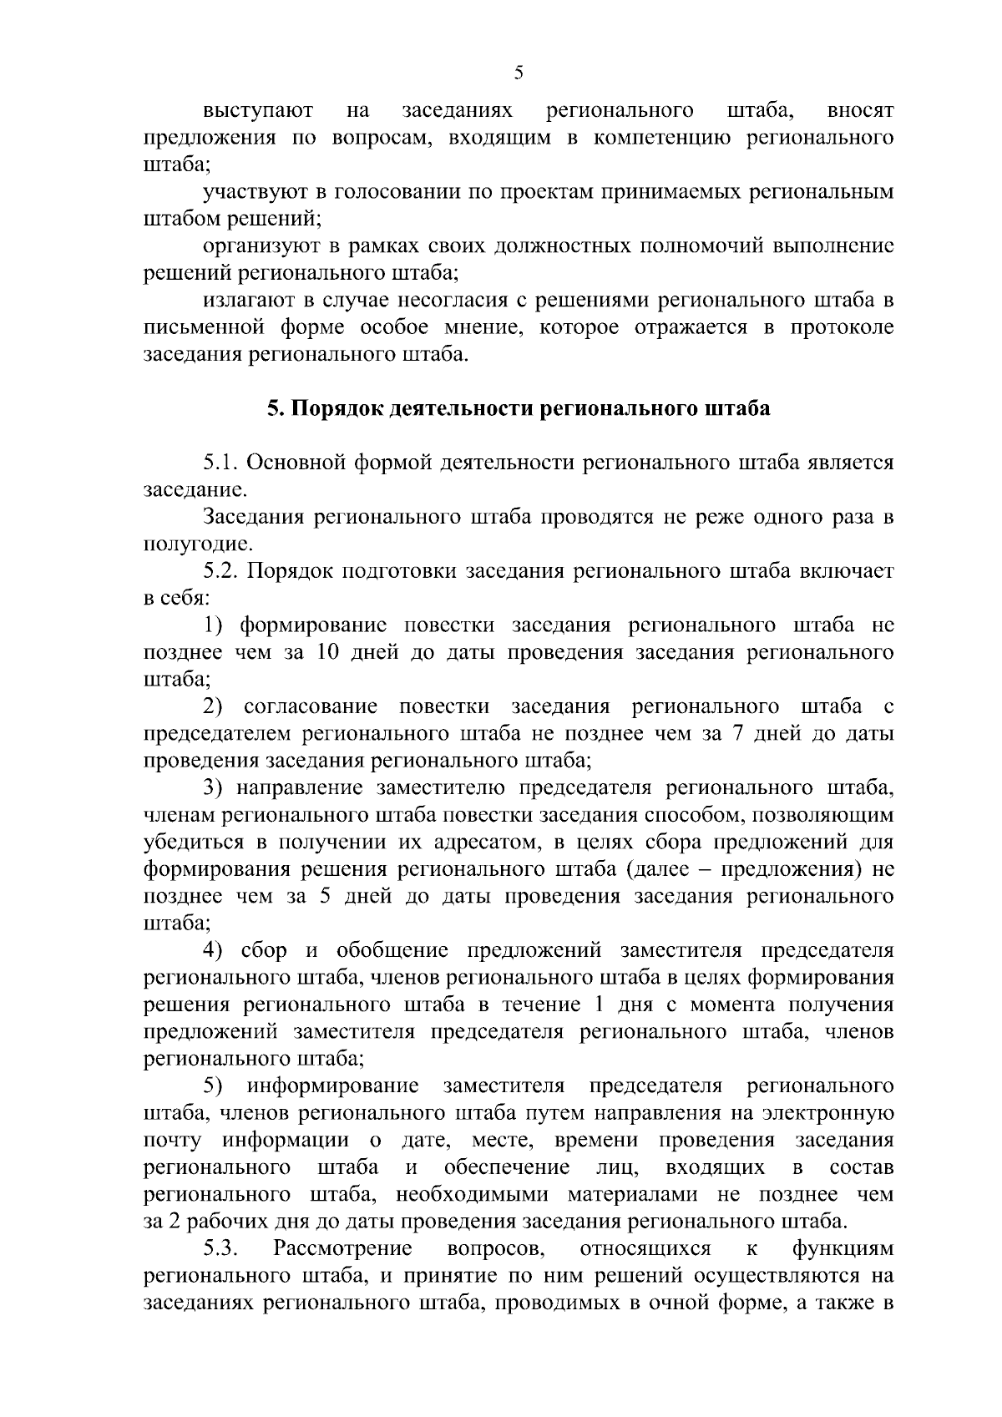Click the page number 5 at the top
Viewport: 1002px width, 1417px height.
pos(519,73)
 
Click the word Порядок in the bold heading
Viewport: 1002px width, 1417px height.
pos(327,409)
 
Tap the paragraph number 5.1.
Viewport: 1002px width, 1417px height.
pos(221,463)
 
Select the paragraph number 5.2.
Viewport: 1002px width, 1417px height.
pos(221,571)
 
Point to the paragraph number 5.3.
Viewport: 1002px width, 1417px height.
pos(221,1248)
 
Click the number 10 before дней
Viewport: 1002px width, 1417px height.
pos(328,652)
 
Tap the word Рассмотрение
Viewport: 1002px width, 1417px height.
pos(342,1248)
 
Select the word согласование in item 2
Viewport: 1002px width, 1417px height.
pos(311,707)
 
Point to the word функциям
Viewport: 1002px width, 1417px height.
pos(842,1248)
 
